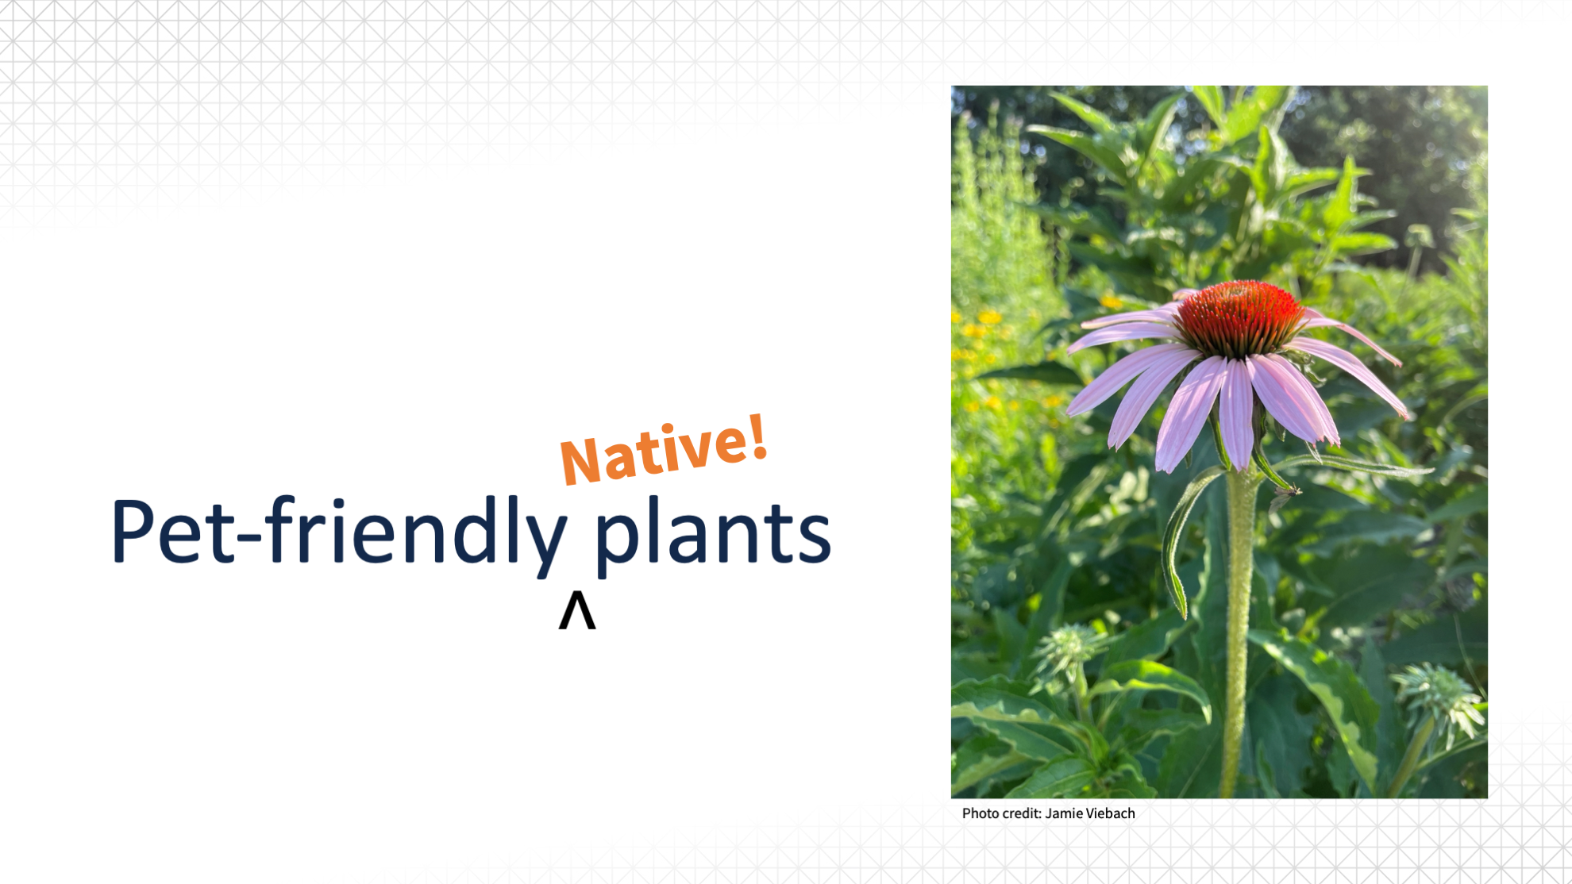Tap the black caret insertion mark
577,610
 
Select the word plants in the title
712,532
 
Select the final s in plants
813,539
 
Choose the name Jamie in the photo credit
1063,813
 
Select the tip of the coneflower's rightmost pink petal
1407,414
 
